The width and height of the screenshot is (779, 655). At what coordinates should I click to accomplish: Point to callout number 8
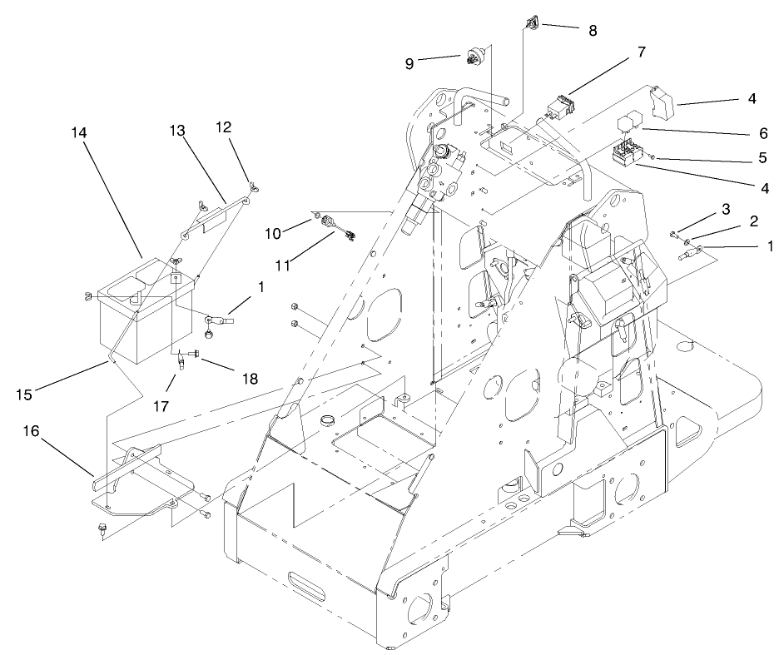coord(592,30)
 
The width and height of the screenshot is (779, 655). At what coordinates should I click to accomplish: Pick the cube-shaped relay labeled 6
coord(628,123)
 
